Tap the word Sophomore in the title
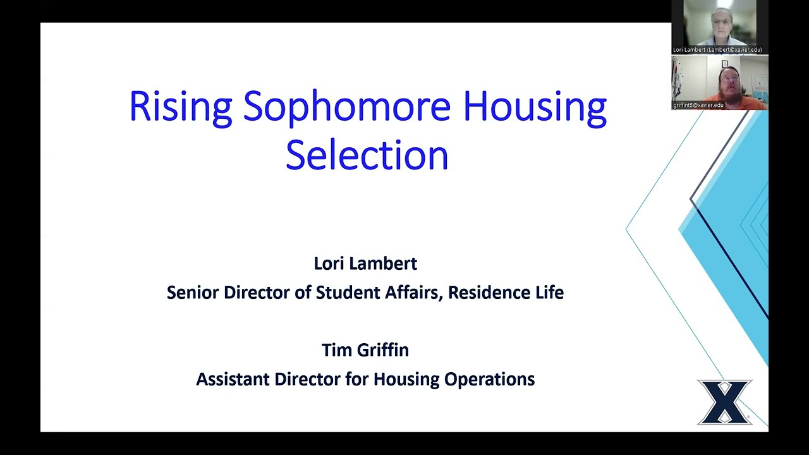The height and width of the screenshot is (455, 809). (x=346, y=106)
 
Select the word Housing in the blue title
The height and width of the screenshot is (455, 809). (x=535, y=106)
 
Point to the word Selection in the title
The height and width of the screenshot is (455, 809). (x=367, y=155)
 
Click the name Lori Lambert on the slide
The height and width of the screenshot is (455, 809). (x=365, y=263)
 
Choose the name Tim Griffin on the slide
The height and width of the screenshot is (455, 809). (x=365, y=349)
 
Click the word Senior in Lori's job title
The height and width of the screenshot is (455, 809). (x=193, y=293)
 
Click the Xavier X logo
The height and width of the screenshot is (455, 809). (x=724, y=402)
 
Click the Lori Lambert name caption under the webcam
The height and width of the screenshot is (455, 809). (x=717, y=49)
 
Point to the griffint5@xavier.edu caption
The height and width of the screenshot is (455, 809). (x=698, y=105)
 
